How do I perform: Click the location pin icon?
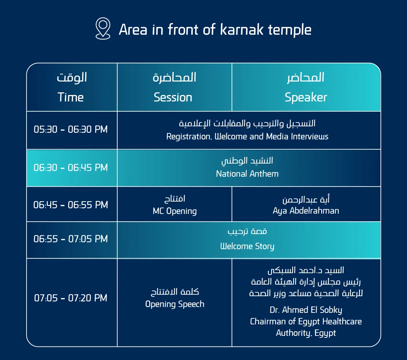[x=103, y=29]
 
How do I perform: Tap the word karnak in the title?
[x=242, y=30]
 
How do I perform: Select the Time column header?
[x=71, y=97]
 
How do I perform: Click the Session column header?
[x=173, y=97]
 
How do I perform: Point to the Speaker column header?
[x=306, y=98]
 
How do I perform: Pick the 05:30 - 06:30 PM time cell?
[x=71, y=129]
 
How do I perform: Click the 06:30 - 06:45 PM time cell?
[x=71, y=167]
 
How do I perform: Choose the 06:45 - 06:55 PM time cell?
[x=71, y=205]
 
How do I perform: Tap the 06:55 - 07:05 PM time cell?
[x=71, y=239]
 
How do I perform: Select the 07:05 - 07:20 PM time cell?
[x=71, y=298]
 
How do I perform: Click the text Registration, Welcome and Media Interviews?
[x=247, y=136]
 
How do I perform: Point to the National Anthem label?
[x=247, y=174]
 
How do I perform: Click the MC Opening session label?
[x=175, y=211]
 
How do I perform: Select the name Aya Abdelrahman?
[x=306, y=211]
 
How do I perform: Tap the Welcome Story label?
[x=247, y=246]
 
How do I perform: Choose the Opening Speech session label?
[x=175, y=304]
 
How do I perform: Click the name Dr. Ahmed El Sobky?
[x=306, y=310]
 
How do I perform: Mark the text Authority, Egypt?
[x=306, y=333]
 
